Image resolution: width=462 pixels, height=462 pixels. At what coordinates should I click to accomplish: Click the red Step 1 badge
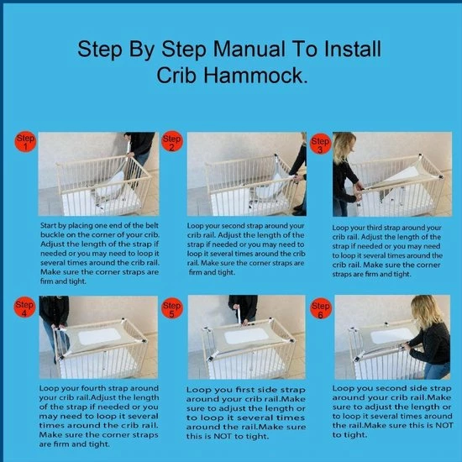click(25, 142)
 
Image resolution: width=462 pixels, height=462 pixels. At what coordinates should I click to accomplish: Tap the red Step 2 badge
click(172, 142)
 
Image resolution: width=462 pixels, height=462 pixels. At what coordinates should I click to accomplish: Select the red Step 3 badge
click(321, 144)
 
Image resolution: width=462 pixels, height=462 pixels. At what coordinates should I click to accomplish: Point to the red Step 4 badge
click(24, 307)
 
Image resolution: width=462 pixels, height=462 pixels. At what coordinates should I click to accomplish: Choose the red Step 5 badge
click(172, 308)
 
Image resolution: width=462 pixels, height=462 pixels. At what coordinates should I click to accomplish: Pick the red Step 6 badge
click(321, 308)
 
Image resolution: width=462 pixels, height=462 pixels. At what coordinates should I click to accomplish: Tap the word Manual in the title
click(249, 49)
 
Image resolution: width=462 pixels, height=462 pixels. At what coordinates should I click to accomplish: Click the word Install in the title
click(353, 49)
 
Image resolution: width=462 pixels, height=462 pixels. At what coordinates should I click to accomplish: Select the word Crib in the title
click(176, 75)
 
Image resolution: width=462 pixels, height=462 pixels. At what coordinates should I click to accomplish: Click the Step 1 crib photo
click(98, 174)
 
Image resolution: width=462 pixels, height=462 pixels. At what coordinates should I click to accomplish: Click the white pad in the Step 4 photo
click(99, 336)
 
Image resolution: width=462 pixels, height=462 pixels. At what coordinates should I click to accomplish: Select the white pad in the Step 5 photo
click(246, 336)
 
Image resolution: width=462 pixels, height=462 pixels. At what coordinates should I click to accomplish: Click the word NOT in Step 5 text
click(223, 436)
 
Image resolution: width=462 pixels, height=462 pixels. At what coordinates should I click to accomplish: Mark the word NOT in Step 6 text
click(444, 426)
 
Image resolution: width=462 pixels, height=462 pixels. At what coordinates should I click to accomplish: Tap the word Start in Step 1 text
click(49, 226)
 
